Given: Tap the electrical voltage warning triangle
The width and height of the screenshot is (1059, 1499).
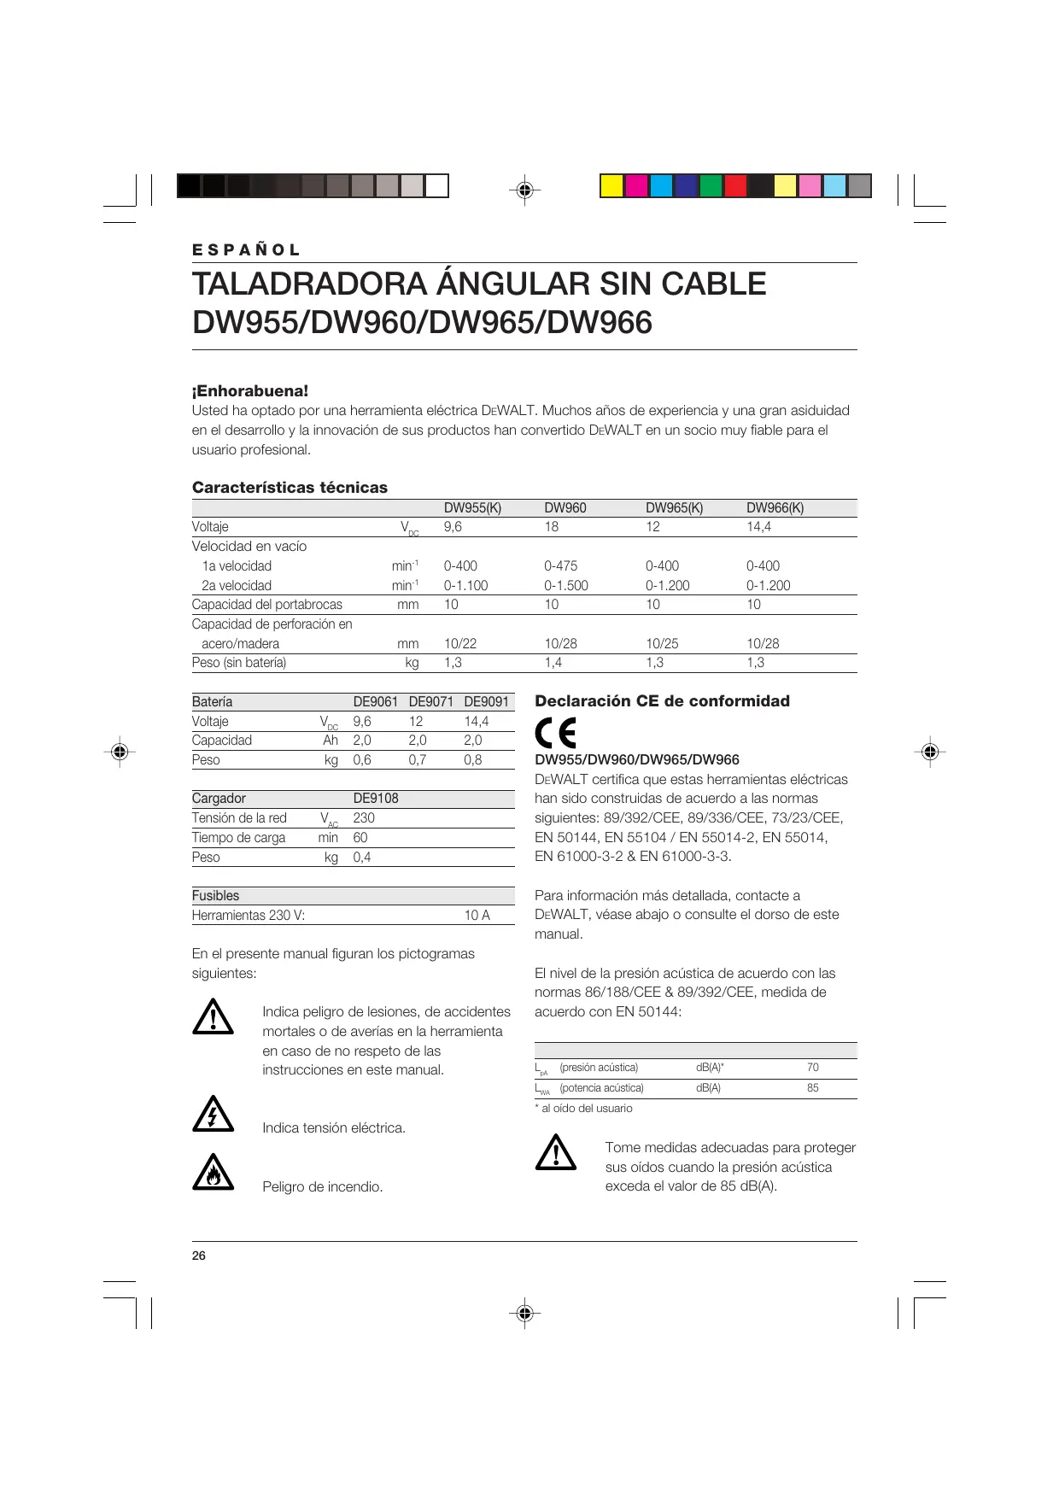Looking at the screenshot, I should tap(213, 1115).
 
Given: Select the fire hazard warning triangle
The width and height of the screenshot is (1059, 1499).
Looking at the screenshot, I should tap(213, 1173).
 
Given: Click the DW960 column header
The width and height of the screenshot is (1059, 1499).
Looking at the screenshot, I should tap(565, 507).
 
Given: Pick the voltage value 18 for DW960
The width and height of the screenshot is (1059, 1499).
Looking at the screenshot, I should tap(552, 527).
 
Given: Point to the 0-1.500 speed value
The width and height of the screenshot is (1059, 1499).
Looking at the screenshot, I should tap(566, 585).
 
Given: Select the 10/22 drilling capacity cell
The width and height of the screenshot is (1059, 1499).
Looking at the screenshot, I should tap(460, 643).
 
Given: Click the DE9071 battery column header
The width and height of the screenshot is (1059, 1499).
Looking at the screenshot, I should tap(430, 701).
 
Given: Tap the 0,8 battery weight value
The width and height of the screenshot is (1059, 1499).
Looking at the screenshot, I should tap(473, 759).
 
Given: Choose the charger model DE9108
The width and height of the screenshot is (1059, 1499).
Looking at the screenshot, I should tap(376, 798).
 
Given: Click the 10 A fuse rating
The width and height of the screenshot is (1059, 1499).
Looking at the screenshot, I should tap(477, 915).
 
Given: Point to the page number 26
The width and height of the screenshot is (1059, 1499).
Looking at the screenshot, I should tap(199, 1256).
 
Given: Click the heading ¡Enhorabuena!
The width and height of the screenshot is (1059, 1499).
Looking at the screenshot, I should tap(250, 391).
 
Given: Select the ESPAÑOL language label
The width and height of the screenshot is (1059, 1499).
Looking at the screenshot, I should tap(246, 250).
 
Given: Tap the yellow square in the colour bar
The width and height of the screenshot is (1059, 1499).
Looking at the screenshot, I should tap(611, 185).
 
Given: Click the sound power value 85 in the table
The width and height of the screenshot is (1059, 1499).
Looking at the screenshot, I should tap(812, 1087).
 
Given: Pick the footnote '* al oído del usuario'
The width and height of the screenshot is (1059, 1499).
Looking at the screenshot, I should tap(584, 1108).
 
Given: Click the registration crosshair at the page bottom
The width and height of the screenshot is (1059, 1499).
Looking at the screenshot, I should tap(525, 1313).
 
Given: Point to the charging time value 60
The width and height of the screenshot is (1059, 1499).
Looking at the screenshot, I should tap(360, 837).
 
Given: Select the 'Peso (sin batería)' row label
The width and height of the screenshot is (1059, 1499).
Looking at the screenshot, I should tap(239, 663).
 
